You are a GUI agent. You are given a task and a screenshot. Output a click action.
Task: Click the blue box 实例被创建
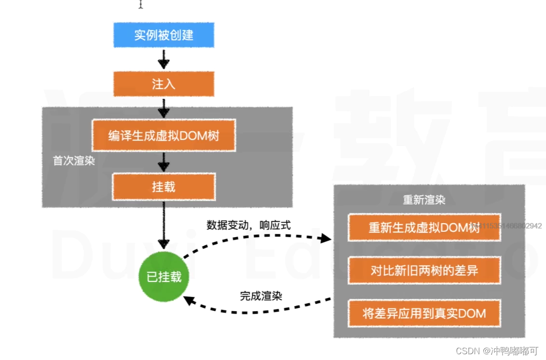tap(164, 35)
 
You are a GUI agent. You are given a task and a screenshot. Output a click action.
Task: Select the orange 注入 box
tap(164, 84)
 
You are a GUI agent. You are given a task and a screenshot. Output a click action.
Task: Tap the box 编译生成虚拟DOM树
tap(164, 136)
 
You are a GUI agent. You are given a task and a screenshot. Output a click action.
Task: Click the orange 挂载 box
tap(164, 187)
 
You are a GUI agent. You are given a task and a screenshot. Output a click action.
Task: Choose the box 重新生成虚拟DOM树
tap(424, 227)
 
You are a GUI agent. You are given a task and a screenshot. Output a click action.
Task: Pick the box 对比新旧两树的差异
tap(424, 270)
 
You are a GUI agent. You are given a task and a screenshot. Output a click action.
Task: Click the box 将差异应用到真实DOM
tap(424, 314)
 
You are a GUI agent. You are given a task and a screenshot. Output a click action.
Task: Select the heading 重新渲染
tap(424, 200)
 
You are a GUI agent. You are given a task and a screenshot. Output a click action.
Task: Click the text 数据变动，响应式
tap(248, 225)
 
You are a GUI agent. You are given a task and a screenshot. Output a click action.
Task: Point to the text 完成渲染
tap(261, 296)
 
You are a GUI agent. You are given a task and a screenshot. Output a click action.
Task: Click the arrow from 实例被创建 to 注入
tap(164, 60)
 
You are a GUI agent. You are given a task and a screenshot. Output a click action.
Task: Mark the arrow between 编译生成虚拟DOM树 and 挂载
tap(164, 162)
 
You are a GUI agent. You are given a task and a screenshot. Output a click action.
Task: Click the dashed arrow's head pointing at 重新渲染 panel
tap(326, 239)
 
